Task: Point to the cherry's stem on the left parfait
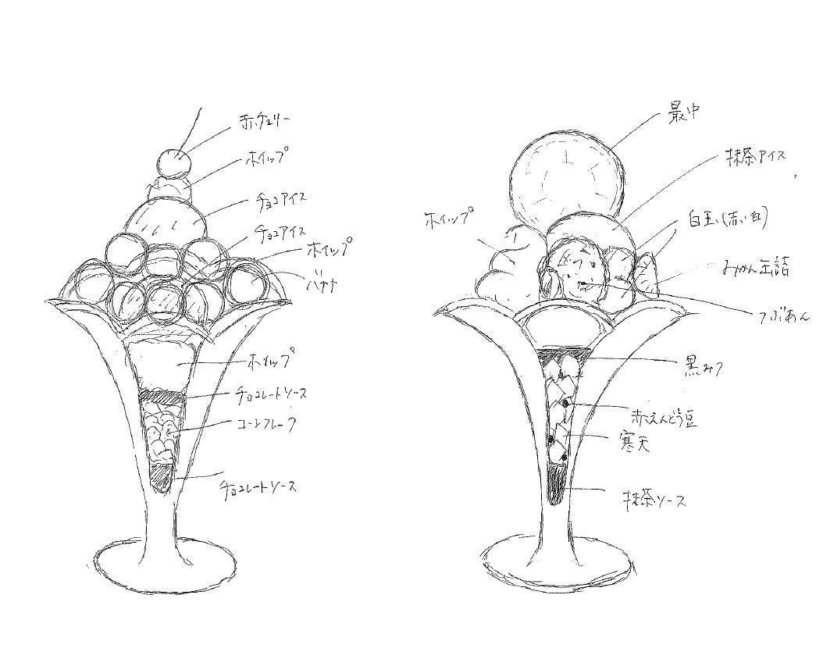pyautogui.click(x=194, y=125)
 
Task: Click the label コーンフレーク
pyautogui.click(x=269, y=426)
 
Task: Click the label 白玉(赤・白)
pyautogui.click(x=727, y=219)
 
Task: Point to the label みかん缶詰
pyautogui.click(x=754, y=268)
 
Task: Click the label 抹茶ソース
pyautogui.click(x=654, y=500)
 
